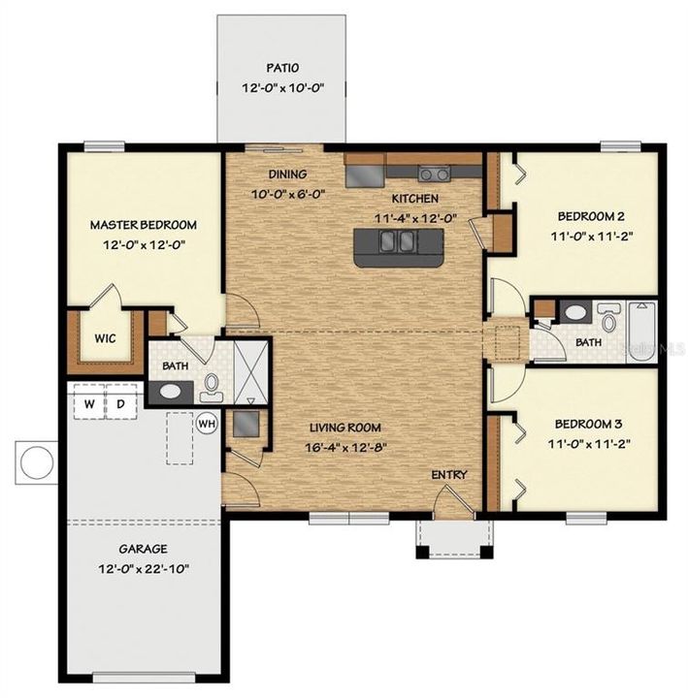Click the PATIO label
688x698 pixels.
(x=282, y=69)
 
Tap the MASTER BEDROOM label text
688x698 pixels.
(x=143, y=225)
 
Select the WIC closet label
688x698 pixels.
(x=105, y=339)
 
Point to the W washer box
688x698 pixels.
(x=88, y=403)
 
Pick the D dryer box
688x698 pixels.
(x=121, y=403)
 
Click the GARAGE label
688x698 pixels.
(x=144, y=548)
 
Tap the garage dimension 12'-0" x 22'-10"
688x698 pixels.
(x=144, y=568)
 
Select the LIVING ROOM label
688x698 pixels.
(x=344, y=427)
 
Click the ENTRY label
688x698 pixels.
(x=449, y=475)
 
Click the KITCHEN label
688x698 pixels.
(x=415, y=199)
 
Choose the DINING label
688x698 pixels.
(x=288, y=174)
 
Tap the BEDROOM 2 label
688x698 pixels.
(x=591, y=215)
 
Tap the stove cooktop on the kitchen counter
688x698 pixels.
(x=433, y=174)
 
